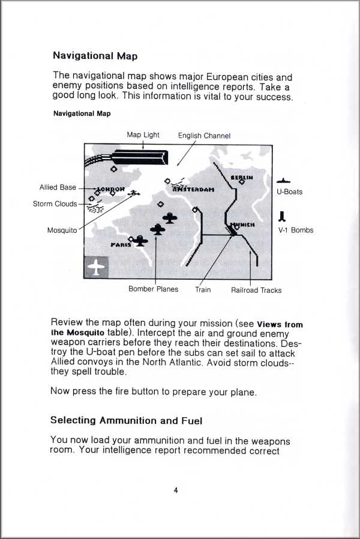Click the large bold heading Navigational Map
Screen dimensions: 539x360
pyautogui.click(x=95, y=56)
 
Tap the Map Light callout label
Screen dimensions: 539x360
pyautogui.click(x=143, y=135)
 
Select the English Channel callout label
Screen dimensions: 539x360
pyautogui.click(x=204, y=136)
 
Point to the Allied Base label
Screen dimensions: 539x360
pyautogui.click(x=58, y=188)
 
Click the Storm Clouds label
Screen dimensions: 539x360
pyautogui.click(x=55, y=204)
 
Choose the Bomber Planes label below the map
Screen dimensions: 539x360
pyautogui.click(x=153, y=289)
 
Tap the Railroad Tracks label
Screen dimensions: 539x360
pyautogui.click(x=256, y=291)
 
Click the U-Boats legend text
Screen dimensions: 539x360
pyautogui.click(x=289, y=192)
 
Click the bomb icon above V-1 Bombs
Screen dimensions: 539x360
pyautogui.click(x=282, y=216)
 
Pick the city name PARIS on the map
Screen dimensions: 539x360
pyautogui.click(x=121, y=245)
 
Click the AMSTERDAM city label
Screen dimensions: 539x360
pyautogui.click(x=193, y=188)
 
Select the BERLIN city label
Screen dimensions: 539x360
pyautogui.click(x=242, y=178)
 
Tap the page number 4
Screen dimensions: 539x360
pyautogui.click(x=176, y=490)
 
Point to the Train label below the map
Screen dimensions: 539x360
pyautogui.click(x=203, y=289)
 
